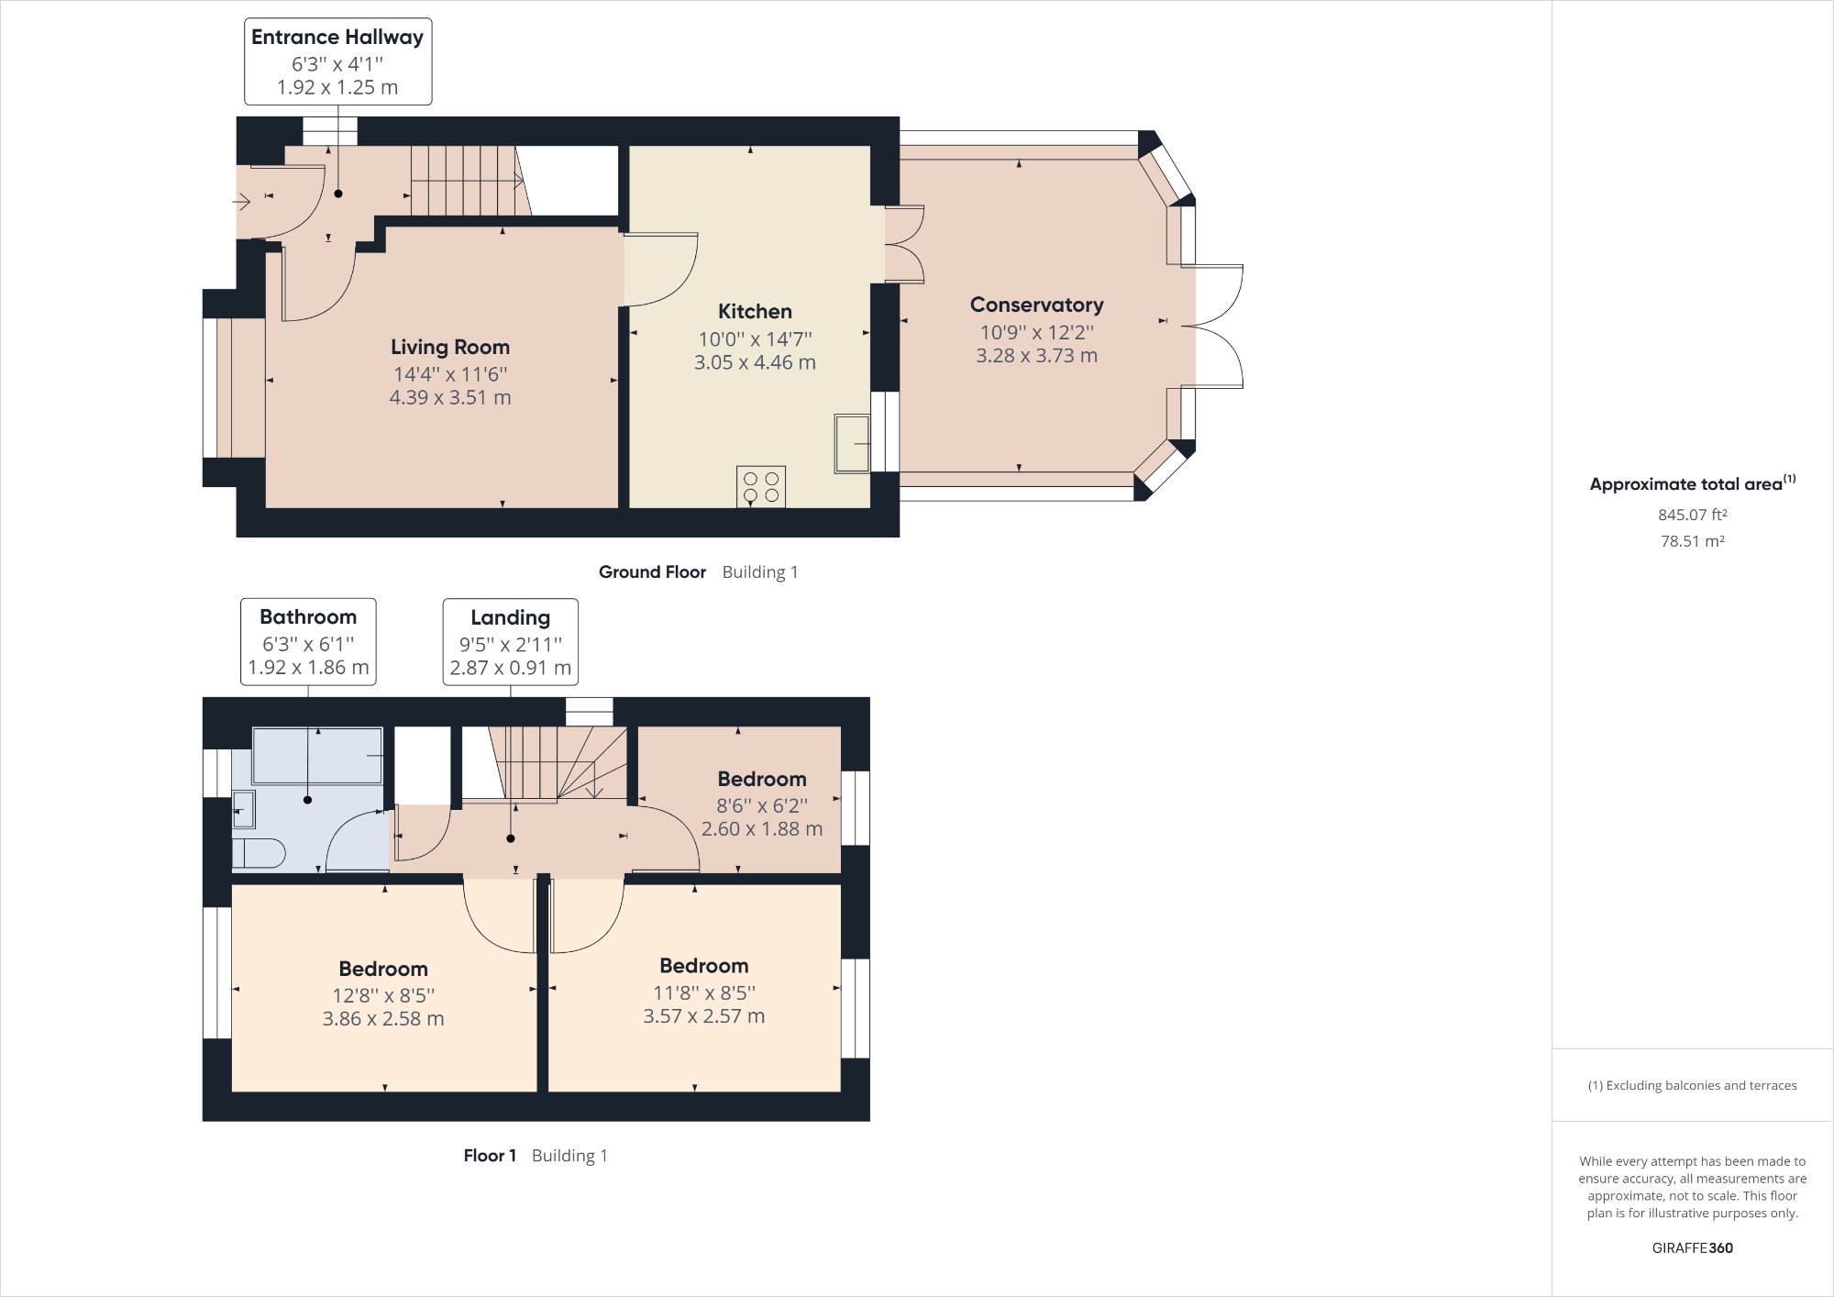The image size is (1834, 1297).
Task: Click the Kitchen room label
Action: tap(755, 312)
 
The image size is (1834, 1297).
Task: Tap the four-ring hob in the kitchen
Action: tap(761, 486)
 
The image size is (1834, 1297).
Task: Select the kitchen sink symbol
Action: tap(852, 444)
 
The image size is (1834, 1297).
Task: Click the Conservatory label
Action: tap(1036, 305)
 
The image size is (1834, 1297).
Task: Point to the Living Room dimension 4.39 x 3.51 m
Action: tap(450, 398)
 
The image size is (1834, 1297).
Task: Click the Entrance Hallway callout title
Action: tap(337, 38)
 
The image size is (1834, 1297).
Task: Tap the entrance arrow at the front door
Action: tap(242, 201)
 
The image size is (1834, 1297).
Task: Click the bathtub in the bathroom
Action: tap(317, 756)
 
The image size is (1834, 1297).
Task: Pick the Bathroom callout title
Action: tap(308, 617)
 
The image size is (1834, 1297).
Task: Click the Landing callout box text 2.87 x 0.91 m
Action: tap(510, 669)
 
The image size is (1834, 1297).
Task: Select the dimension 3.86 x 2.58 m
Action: tap(383, 1019)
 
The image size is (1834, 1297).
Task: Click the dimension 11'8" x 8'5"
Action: tap(704, 993)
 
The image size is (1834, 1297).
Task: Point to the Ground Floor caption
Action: tap(652, 572)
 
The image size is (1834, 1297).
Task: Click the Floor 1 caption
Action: tap(490, 1156)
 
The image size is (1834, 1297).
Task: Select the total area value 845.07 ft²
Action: tap(1692, 515)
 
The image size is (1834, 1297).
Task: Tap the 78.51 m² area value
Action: tap(1692, 541)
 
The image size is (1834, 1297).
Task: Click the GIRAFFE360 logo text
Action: tap(1692, 1248)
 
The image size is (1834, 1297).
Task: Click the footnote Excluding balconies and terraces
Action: tap(1692, 1086)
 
